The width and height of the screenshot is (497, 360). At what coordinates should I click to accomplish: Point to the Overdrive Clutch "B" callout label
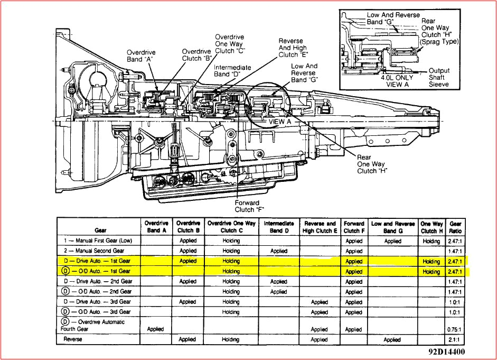tap(196, 55)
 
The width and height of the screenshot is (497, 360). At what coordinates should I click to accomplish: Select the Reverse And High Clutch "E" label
tap(291, 48)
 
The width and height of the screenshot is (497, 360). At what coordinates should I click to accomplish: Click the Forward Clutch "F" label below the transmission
tap(247, 206)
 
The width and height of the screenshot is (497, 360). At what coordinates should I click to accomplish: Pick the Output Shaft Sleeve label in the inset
tap(438, 77)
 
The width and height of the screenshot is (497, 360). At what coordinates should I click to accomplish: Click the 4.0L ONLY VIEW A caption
tap(398, 80)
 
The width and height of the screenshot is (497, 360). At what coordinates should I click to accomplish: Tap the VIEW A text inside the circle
tap(280, 121)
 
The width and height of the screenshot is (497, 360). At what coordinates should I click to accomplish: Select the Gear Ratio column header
tap(455, 227)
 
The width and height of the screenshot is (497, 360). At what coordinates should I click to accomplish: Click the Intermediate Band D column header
tap(278, 227)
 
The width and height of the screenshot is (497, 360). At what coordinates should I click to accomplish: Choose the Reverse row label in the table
tap(73, 339)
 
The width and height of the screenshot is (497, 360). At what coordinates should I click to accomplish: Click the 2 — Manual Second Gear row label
tap(93, 251)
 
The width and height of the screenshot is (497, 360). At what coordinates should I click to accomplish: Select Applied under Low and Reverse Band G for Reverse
tap(391, 339)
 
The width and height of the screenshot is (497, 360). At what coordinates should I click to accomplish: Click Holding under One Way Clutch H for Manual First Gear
tap(431, 241)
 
